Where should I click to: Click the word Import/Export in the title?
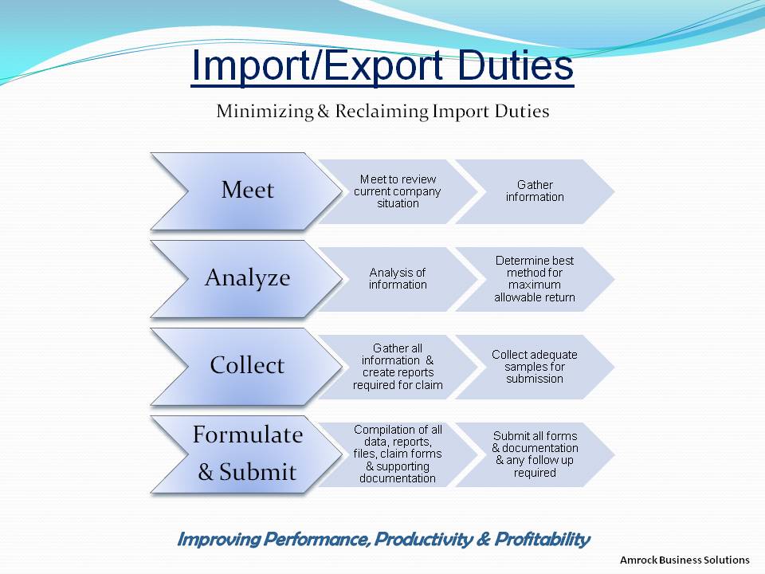tap(317, 65)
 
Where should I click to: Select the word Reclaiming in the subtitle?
tap(382, 112)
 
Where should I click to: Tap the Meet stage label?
tap(247, 190)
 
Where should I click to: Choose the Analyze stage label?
tap(247, 277)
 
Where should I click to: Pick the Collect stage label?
tap(247, 365)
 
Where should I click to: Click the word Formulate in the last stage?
tap(247, 434)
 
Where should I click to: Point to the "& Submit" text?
tap(247, 471)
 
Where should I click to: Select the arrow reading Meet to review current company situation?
tap(398, 191)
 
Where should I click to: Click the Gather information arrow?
tap(535, 191)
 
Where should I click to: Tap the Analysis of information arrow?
tap(398, 279)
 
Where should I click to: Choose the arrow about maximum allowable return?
tap(535, 279)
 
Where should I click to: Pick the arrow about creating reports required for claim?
tap(398, 367)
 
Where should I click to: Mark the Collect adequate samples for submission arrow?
tap(535, 367)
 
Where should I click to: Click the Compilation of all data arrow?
tap(398, 454)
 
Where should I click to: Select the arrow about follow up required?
tap(535, 454)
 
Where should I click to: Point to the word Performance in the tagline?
tap(316, 540)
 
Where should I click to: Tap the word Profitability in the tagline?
tap(542, 540)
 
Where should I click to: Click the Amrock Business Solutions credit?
tap(685, 560)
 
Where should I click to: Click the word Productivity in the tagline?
tap(423, 540)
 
